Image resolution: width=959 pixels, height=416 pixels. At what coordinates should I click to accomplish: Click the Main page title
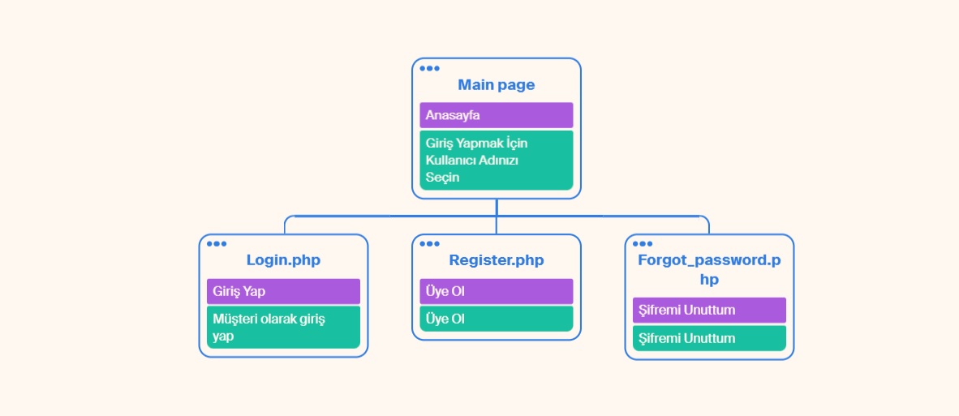click(x=496, y=85)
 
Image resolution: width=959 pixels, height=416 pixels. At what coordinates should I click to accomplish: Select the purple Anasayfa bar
click(x=496, y=115)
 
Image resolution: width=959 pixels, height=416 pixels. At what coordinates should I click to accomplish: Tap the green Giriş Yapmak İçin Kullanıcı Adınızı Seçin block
click(x=496, y=160)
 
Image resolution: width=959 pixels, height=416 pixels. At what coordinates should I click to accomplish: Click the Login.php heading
click(x=283, y=260)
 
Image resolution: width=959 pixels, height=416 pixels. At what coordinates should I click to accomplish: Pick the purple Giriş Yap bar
click(x=283, y=291)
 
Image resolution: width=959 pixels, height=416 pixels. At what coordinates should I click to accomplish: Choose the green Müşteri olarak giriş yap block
click(x=283, y=328)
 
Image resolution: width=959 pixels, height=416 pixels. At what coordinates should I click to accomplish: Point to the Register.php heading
click(x=496, y=260)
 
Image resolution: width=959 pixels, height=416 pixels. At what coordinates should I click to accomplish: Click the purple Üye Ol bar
click(x=496, y=291)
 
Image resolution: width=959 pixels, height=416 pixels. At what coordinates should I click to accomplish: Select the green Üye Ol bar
click(x=496, y=319)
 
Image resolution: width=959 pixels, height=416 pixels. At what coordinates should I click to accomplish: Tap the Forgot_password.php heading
click(x=709, y=269)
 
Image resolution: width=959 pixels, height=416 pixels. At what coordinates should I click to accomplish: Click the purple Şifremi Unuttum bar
click(x=709, y=311)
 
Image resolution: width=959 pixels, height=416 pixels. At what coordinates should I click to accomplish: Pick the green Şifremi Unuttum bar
click(x=709, y=338)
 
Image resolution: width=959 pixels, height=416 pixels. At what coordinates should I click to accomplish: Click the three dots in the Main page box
click(x=429, y=68)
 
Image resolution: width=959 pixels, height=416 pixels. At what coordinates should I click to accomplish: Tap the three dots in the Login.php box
click(x=217, y=244)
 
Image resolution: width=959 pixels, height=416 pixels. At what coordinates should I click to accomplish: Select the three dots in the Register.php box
click(x=429, y=244)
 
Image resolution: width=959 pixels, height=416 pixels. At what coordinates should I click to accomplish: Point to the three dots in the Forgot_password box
click(x=643, y=244)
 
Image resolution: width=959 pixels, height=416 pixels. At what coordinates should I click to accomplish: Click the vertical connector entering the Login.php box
click(x=285, y=225)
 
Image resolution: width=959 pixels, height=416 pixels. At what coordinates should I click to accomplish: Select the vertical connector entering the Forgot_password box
click(x=709, y=225)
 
